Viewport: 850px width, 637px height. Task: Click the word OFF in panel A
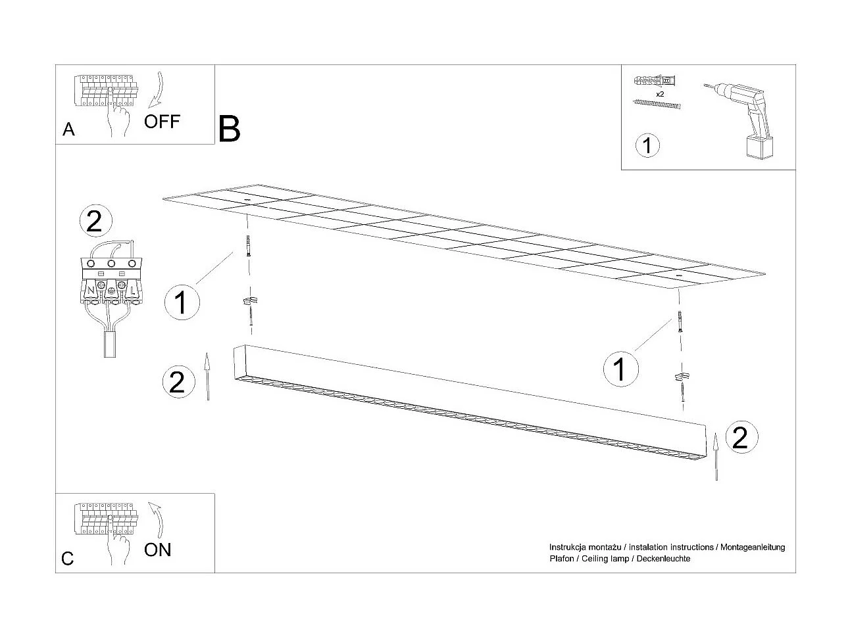162,122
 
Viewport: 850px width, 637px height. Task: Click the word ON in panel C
157,550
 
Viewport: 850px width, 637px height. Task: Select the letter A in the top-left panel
68,130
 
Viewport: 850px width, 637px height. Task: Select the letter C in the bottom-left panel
68,559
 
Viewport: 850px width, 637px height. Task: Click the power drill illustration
741,118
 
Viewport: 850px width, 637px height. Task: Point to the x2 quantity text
659,95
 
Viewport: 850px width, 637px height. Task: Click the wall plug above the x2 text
656,82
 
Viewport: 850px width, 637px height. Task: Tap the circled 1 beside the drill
648,145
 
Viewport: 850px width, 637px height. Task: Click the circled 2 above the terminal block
95,222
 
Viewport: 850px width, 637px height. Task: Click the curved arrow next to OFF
158,89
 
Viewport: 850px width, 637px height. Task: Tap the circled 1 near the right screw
620,368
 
